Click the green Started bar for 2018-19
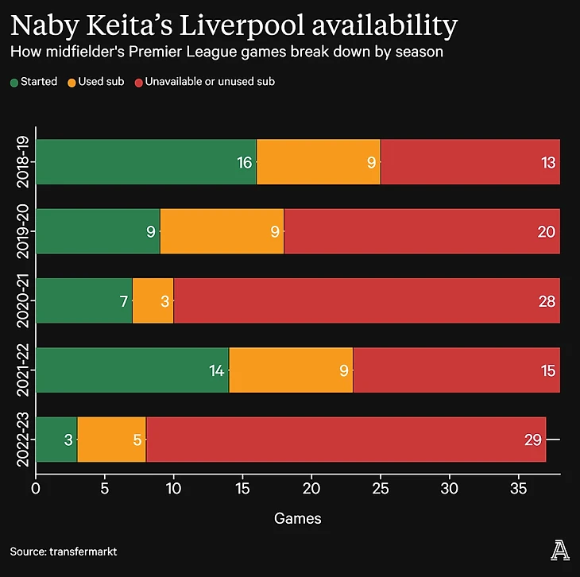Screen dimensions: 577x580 pyautogui.click(x=146, y=162)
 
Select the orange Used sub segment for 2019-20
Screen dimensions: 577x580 pyautogui.click(x=222, y=231)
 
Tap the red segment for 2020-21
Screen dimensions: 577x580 pyautogui.click(x=366, y=300)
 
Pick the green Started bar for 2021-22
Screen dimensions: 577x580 pyautogui.click(x=132, y=370)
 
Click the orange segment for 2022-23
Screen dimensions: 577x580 pyautogui.click(x=111, y=439)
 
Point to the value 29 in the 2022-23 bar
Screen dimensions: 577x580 pyautogui.click(x=533, y=440)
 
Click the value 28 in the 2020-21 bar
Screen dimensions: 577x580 pyautogui.click(x=545, y=301)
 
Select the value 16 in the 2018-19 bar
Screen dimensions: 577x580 pyautogui.click(x=245, y=163)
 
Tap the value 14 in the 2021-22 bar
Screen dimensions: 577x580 pyautogui.click(x=217, y=370)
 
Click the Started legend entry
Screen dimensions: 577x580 pyautogui.click(x=33, y=81)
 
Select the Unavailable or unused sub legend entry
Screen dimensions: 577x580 pyautogui.click(x=206, y=81)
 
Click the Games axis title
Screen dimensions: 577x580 pyautogui.click(x=298, y=518)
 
